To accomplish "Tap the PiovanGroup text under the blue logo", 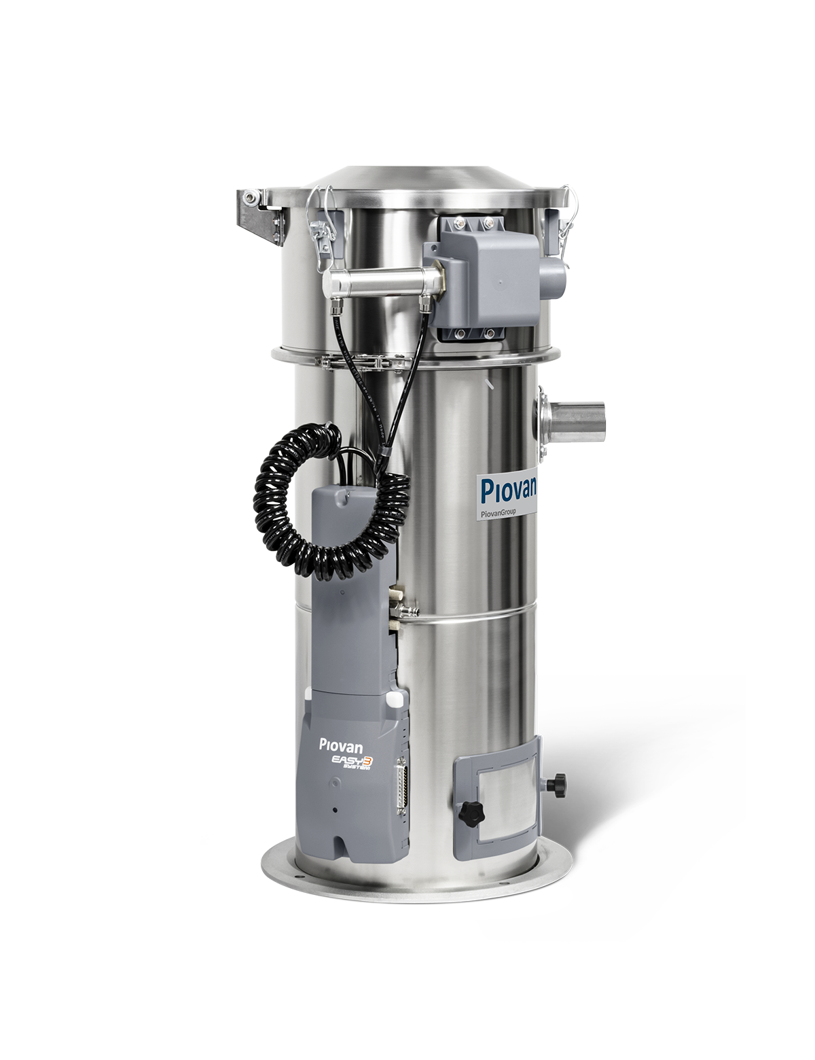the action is pyautogui.click(x=498, y=512).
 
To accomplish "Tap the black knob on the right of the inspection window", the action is pyautogui.click(x=556, y=784).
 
